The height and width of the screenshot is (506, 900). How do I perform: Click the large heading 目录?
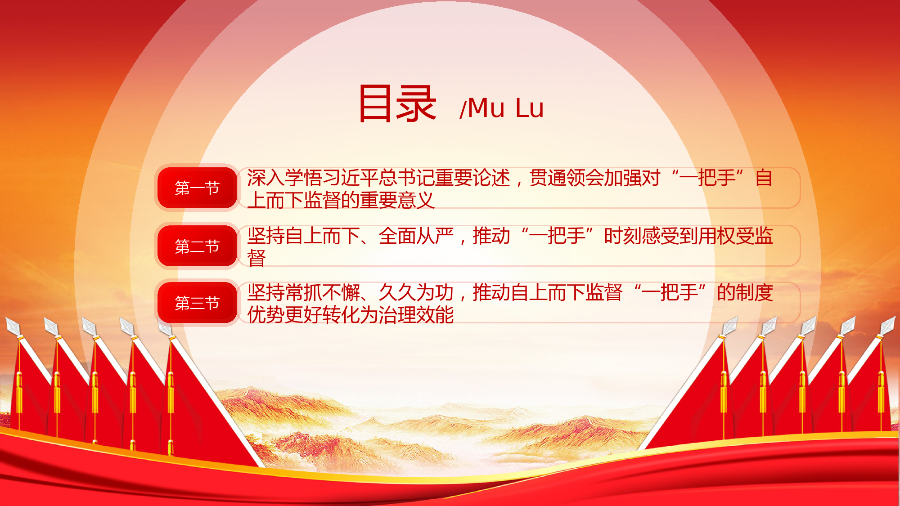click(x=397, y=104)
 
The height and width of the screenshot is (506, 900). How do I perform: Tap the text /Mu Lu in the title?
click(x=501, y=108)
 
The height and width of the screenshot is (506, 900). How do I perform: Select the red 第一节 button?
click(x=197, y=188)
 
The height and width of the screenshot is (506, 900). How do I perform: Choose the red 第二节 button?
click(x=197, y=246)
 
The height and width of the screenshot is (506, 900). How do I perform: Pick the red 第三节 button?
click(x=197, y=303)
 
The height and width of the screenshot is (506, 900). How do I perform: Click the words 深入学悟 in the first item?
click(x=284, y=178)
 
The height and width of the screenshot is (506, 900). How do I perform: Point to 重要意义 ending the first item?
click(x=397, y=200)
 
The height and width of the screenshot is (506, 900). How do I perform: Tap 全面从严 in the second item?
click(x=416, y=236)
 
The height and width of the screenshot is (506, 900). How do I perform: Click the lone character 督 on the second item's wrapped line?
click(x=256, y=258)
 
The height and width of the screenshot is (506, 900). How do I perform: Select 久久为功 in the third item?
click(x=416, y=293)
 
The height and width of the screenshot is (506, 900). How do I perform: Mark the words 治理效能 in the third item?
click(x=416, y=315)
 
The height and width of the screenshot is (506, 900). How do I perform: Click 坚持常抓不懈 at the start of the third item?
click(x=303, y=293)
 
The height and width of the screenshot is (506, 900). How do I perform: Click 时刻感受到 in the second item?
click(x=651, y=236)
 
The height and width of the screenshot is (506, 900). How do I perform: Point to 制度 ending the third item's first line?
click(x=755, y=293)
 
